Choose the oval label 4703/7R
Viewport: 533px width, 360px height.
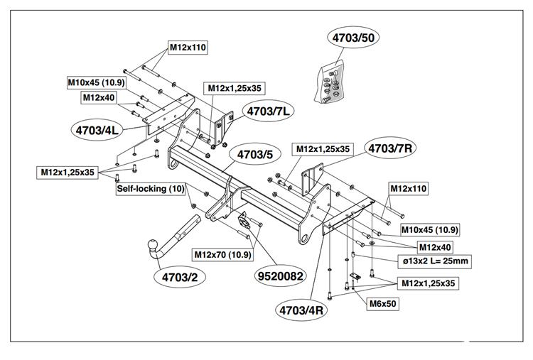tap(391, 148)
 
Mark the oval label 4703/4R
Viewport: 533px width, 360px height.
tap(303, 310)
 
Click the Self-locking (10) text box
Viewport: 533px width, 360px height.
tap(151, 189)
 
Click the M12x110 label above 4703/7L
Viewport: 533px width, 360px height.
tap(188, 48)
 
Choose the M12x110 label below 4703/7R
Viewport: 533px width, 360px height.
tap(408, 190)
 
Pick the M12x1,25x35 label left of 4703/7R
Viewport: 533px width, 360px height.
tap(323, 149)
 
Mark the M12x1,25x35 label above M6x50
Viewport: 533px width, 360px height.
tap(427, 283)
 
